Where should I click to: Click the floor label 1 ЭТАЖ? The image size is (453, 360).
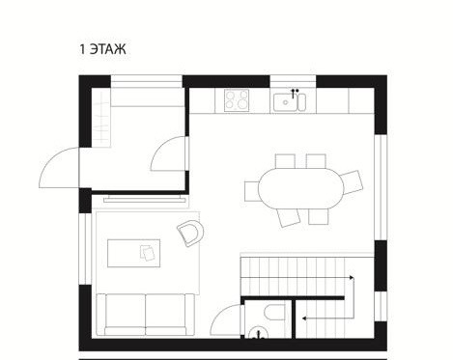(x=102, y=49)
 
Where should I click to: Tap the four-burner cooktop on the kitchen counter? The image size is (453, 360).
(x=237, y=100)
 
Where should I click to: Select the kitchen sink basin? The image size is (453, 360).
(x=286, y=102)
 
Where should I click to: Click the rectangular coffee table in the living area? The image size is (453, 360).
(x=134, y=253)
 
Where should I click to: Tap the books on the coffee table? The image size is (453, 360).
(x=148, y=253)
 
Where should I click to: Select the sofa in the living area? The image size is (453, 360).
(x=146, y=315)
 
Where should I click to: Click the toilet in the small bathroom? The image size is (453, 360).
(x=274, y=312)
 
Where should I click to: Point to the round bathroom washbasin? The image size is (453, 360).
(x=258, y=333)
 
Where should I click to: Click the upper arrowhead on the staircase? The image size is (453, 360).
(x=352, y=277)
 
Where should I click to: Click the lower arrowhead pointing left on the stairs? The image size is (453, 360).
(x=304, y=318)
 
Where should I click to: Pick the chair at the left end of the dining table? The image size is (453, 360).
(x=252, y=191)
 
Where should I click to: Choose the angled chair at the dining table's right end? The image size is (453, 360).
(x=353, y=182)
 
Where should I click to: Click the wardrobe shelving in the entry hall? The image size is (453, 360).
(x=101, y=118)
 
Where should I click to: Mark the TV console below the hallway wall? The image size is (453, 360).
(x=145, y=200)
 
